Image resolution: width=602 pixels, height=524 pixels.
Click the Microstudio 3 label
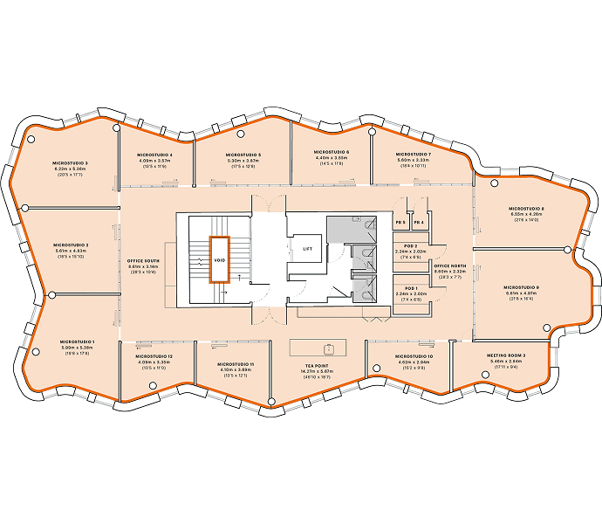click(x=72, y=163)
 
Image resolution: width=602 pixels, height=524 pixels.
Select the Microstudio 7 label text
click(x=401, y=155)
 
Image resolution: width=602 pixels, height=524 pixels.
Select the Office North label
click(x=449, y=266)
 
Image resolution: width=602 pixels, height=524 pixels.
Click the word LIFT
click(x=307, y=249)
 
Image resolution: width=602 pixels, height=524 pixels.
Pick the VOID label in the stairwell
click(x=218, y=261)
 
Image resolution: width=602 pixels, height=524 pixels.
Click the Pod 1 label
click(x=410, y=288)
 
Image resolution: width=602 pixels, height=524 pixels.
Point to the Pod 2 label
click(x=410, y=246)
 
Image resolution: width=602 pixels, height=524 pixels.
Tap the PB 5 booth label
click(x=400, y=223)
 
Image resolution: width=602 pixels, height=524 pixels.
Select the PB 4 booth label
click(x=420, y=223)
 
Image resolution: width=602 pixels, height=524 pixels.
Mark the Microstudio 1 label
click(x=78, y=341)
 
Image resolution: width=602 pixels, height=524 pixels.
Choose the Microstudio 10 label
click(x=414, y=356)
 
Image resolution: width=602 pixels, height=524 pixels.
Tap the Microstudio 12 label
click(x=154, y=356)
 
